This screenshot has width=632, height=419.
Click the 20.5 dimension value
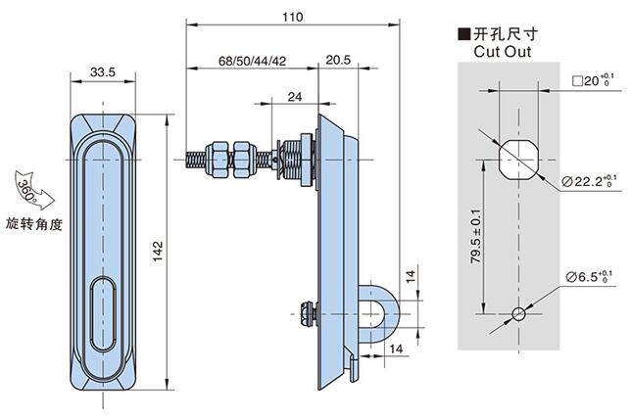339,61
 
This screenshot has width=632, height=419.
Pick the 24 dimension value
294,96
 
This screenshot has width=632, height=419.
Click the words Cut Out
503,51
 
